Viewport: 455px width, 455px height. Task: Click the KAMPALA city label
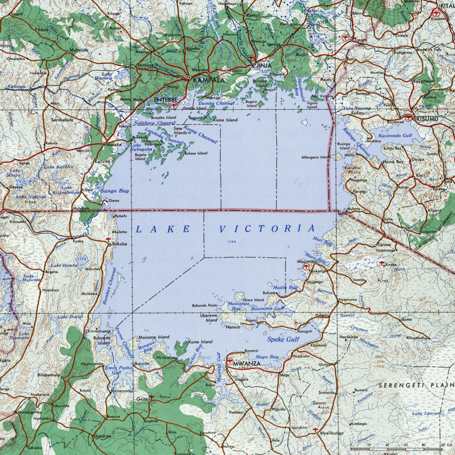coord(209,80)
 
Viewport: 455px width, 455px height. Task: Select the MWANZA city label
coord(247,364)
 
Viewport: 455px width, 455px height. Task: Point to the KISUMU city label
coord(427,119)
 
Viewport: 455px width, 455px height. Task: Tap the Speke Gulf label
coord(283,339)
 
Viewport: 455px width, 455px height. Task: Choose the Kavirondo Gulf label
coord(395,136)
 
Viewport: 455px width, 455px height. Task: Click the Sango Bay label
coord(115,191)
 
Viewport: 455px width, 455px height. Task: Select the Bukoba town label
coord(119,244)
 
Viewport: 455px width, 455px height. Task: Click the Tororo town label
coord(361,40)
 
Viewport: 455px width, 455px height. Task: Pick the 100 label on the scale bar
coord(440,445)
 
